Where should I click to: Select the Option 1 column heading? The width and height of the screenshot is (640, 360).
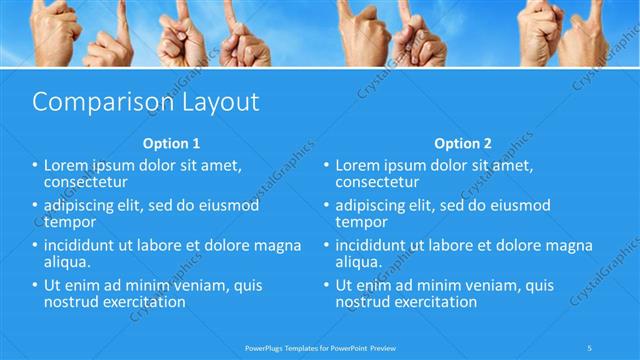point(171,143)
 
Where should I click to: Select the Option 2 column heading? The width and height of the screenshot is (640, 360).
point(463,143)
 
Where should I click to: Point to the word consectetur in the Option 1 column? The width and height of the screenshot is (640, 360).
point(85,182)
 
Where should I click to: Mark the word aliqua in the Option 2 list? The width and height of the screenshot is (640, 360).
point(357,262)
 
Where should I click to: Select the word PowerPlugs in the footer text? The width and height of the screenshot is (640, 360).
point(264,348)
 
